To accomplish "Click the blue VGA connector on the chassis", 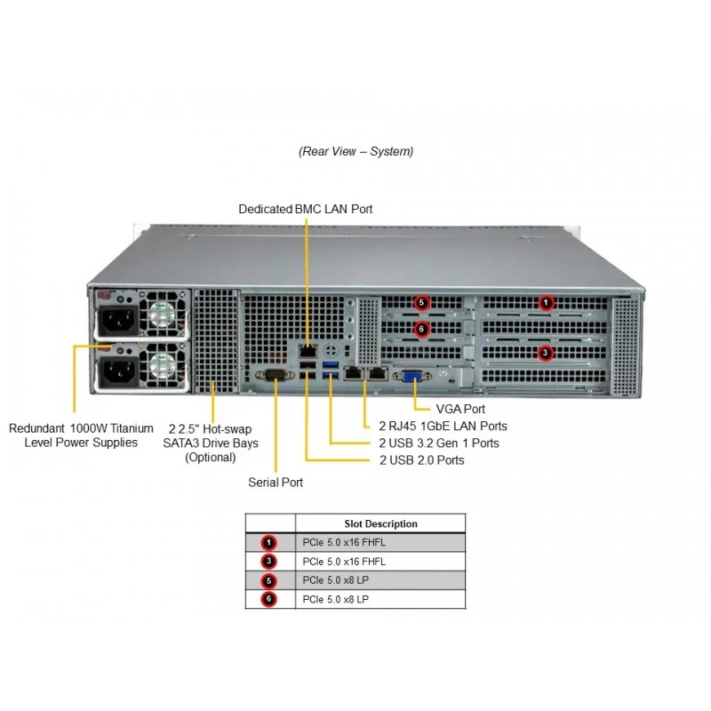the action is click(x=411, y=376).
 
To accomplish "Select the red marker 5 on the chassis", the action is click(x=421, y=302).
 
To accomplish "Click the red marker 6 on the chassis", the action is click(x=421, y=329).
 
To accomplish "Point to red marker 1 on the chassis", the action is click(x=546, y=302).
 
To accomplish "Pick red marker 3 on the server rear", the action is click(x=545, y=353).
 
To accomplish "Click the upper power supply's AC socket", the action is click(x=118, y=319).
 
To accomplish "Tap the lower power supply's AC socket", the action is click(x=118, y=371).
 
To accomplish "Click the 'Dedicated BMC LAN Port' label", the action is click(x=306, y=209).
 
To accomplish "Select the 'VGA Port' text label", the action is click(x=460, y=409).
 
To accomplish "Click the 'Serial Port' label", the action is click(x=276, y=482).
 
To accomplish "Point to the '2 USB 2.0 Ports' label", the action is click(x=422, y=460).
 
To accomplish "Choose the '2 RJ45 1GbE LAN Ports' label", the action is click(x=443, y=427).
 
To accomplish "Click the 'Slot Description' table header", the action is click(x=381, y=523).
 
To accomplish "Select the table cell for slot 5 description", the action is click(x=380, y=580).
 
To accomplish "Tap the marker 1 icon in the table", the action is click(x=269, y=542).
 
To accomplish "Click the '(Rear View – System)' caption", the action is click(x=356, y=151).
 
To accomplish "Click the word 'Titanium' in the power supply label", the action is click(x=132, y=428).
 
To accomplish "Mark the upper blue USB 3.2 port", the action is click(x=331, y=365).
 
